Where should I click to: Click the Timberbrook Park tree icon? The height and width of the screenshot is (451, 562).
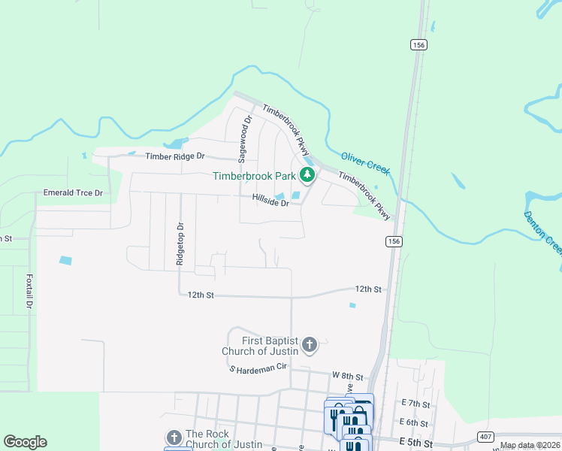pyautogui.click(x=307, y=176)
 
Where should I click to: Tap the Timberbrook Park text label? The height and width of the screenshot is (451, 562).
pyautogui.click(x=254, y=177)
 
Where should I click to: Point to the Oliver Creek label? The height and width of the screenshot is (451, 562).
pyautogui.click(x=366, y=163)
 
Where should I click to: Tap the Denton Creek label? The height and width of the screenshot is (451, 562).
pyautogui.click(x=542, y=232)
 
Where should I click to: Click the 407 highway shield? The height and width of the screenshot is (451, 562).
pyautogui.click(x=486, y=437)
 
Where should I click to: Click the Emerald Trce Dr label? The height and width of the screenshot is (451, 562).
pyautogui.click(x=73, y=193)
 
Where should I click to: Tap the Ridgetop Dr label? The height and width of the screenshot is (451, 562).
pyautogui.click(x=180, y=244)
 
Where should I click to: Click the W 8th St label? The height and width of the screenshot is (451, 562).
pyautogui.click(x=348, y=376)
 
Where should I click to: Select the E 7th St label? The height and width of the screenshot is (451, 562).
pyautogui.click(x=414, y=404)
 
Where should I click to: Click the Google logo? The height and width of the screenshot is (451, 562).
pyautogui.click(x=25, y=442)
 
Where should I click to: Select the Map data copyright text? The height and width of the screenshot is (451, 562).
pyautogui.click(x=530, y=446)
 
